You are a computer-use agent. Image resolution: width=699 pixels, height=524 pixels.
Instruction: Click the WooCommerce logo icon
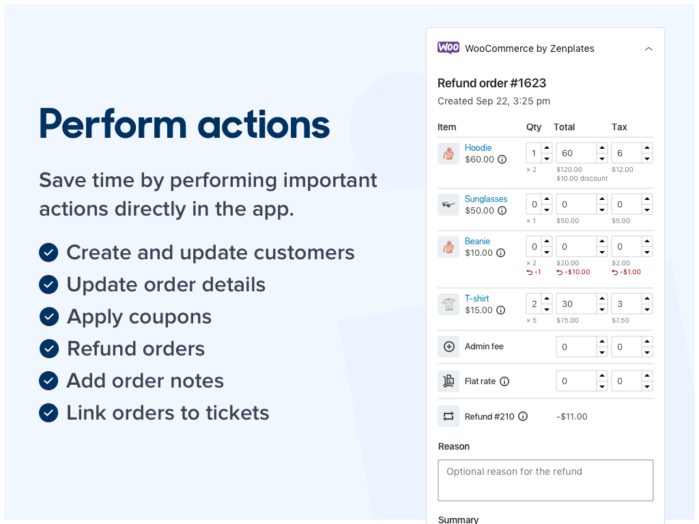click(448, 48)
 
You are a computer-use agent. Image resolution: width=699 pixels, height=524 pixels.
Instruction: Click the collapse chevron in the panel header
click(648, 48)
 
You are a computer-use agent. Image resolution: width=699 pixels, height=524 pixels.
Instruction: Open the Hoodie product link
click(478, 147)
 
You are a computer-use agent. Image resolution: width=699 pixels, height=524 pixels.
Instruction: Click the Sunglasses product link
click(485, 199)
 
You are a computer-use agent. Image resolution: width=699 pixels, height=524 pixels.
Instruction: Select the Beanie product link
click(477, 241)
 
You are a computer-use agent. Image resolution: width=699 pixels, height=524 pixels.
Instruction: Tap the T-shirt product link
click(476, 298)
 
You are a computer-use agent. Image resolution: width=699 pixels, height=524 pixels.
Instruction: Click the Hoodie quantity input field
click(534, 154)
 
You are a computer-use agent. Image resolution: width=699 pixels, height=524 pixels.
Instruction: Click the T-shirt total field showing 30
click(575, 304)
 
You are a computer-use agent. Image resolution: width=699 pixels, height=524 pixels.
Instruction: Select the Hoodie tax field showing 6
click(625, 154)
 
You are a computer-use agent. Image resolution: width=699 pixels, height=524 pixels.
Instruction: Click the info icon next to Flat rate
click(504, 381)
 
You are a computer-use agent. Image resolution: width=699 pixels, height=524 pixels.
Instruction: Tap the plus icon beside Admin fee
click(448, 347)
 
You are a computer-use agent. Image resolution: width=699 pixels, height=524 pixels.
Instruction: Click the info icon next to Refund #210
click(523, 416)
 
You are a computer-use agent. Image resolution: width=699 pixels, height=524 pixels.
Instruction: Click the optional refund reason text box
click(545, 480)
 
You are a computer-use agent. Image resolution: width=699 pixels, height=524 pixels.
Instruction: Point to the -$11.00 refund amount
click(571, 416)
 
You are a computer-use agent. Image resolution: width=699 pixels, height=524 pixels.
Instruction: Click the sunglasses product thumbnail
click(448, 205)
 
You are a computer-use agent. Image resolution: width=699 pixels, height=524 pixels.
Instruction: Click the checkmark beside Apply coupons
click(48, 317)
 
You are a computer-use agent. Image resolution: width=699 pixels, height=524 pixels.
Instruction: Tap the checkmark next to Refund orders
click(48, 349)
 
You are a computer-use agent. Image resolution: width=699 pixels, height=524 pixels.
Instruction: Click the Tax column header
click(618, 127)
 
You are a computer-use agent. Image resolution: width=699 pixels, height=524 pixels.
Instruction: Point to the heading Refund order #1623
click(491, 83)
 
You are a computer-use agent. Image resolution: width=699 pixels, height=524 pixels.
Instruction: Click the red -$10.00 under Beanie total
click(573, 272)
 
